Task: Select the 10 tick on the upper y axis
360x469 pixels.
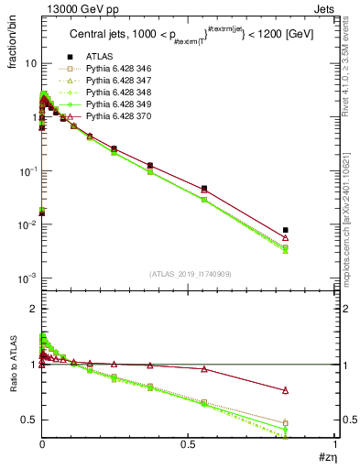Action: [29, 64]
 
